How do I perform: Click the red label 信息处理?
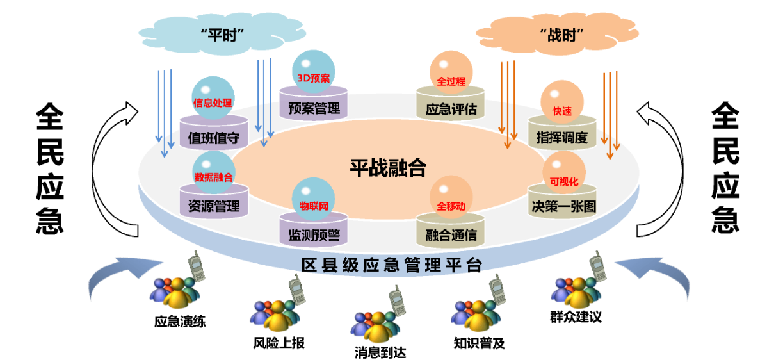click(x=213, y=102)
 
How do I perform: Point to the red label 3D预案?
click(x=314, y=78)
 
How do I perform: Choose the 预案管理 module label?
click(x=314, y=108)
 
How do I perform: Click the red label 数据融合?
click(x=213, y=176)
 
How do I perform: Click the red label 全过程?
click(x=451, y=82)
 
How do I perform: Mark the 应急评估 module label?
click(x=451, y=109)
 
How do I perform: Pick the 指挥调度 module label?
click(x=561, y=137)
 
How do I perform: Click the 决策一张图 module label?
click(x=563, y=206)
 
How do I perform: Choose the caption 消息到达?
click(x=380, y=352)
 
